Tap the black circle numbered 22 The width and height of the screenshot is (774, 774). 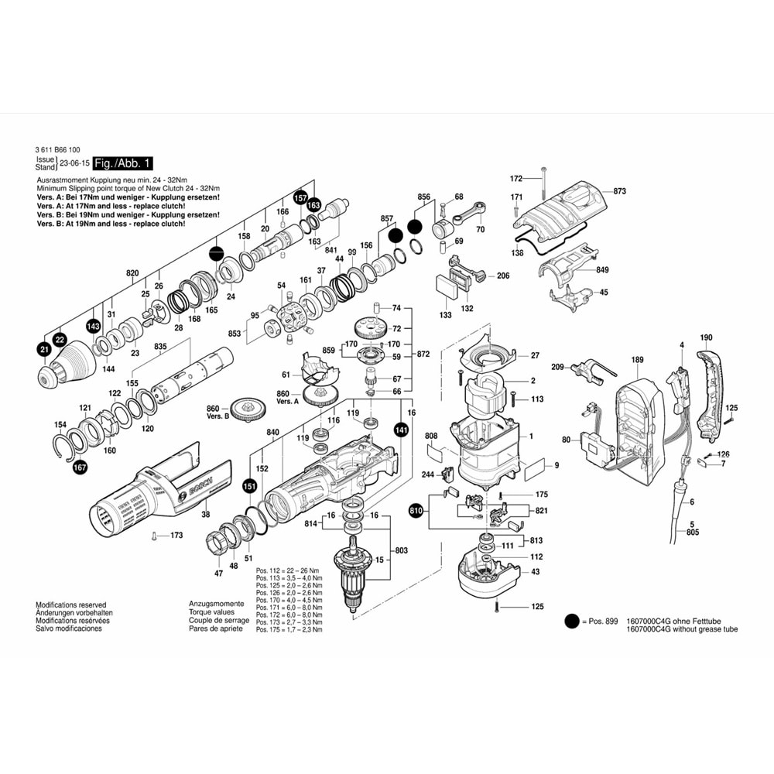(60, 339)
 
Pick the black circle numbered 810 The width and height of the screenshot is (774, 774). (416, 510)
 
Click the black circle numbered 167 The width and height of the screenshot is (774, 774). (80, 467)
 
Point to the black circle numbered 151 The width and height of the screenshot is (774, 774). (250, 487)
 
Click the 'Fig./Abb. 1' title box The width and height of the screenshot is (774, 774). (123, 163)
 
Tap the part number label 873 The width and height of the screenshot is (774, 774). (619, 190)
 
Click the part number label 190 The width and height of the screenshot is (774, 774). (705, 338)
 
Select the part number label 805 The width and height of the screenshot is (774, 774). (692, 533)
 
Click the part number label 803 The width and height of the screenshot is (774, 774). (401, 550)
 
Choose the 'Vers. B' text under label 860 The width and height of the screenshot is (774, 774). (217, 416)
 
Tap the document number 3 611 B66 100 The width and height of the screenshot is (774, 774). (57, 149)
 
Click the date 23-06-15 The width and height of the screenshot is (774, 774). (74, 163)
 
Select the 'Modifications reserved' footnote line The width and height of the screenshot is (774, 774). (71, 604)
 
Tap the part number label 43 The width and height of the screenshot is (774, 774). (536, 571)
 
